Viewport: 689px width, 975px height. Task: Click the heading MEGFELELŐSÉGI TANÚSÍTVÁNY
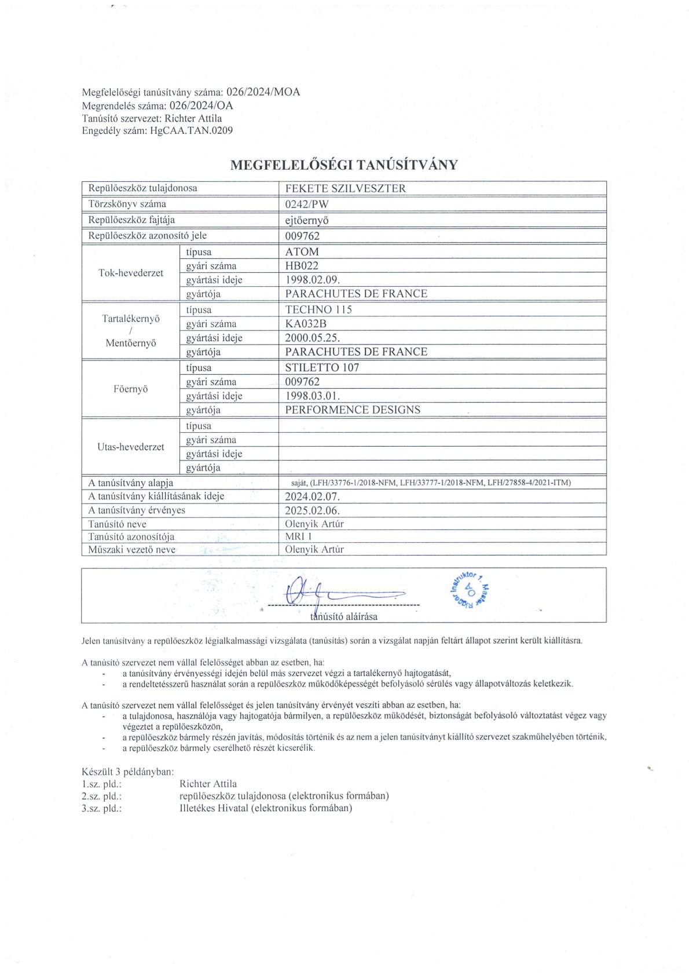(344, 165)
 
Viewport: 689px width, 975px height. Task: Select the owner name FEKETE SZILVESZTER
(345, 188)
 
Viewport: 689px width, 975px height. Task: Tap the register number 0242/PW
(307, 204)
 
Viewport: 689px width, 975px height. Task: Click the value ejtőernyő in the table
(307, 220)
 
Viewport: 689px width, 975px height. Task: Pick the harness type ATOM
(302, 252)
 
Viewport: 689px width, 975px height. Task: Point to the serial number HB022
(302, 266)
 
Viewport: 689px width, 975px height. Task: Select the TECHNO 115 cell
(318, 309)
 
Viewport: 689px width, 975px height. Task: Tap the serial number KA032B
(306, 324)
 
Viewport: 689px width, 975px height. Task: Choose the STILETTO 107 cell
(322, 367)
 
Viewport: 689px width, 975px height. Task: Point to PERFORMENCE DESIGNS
(353, 410)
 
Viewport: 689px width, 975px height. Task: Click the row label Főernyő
(131, 389)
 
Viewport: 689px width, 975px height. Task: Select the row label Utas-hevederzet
(131, 447)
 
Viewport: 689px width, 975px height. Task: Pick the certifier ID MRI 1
(299, 536)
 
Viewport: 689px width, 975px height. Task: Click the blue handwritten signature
(342, 592)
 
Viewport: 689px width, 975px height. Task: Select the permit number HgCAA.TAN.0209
(191, 130)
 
